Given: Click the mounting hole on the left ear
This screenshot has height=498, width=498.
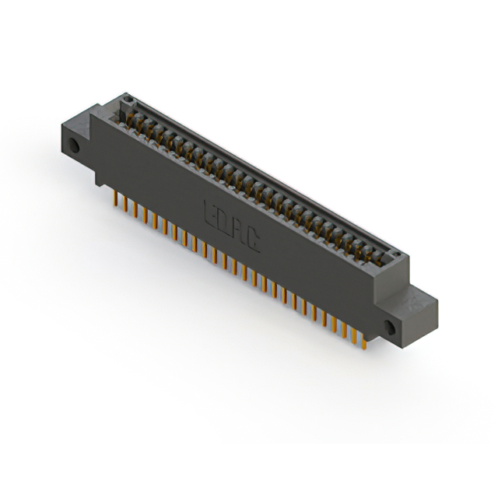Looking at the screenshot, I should [x=75, y=146].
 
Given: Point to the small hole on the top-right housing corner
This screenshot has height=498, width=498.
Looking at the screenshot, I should [x=396, y=255].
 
